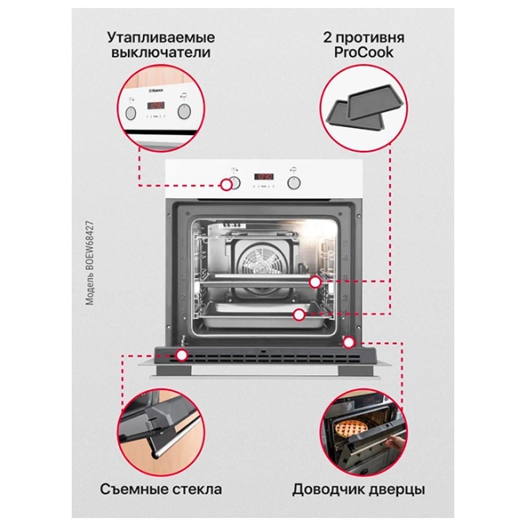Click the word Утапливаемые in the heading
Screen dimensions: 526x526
(161, 38)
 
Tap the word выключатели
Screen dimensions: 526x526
(161, 53)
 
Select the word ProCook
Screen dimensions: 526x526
(364, 53)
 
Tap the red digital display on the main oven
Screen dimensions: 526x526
(263, 176)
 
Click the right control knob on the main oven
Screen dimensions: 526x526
(294, 183)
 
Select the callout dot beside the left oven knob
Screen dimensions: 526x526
(226, 184)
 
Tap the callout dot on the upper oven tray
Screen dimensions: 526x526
(315, 282)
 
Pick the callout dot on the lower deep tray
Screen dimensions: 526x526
(299, 315)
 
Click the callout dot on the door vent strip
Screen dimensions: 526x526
(181, 355)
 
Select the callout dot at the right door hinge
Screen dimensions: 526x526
(349, 343)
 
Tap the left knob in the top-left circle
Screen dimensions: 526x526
(131, 113)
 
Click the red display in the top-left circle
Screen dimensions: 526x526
(156, 105)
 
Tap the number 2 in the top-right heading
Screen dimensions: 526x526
(327, 38)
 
